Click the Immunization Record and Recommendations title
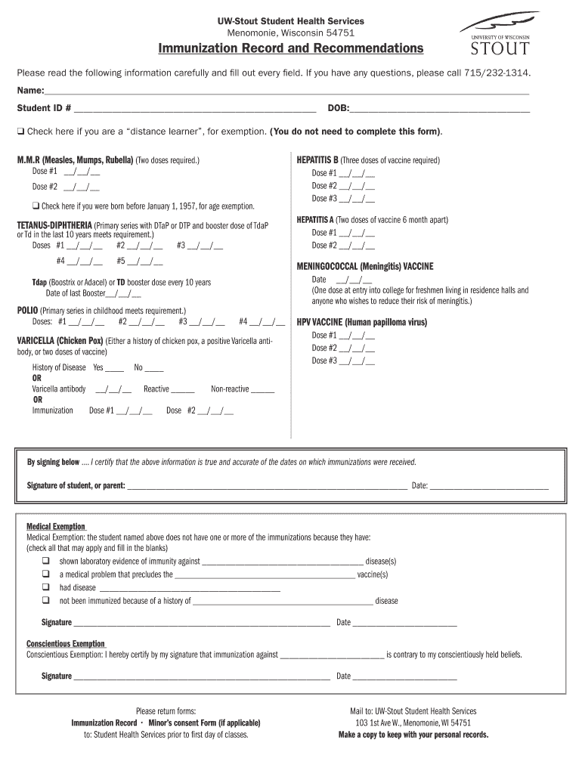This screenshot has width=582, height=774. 291,48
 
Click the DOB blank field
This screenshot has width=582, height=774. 439,109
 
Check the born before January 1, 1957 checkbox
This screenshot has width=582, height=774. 36,206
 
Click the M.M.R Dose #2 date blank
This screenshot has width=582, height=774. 82,187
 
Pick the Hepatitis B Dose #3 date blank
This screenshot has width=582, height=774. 357,199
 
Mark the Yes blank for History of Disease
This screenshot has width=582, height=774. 114,368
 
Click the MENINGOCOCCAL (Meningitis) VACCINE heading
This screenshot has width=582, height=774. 365,267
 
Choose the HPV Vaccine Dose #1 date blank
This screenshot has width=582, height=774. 357,335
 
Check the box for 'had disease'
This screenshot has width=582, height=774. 46,587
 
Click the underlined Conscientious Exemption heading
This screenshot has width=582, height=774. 66,644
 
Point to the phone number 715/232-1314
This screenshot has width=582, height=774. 497,73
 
